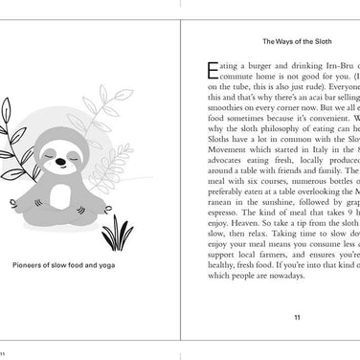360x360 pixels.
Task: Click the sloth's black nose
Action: (62, 161)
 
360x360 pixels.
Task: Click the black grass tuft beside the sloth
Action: (118, 233)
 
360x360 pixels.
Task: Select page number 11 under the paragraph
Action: (297, 317)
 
